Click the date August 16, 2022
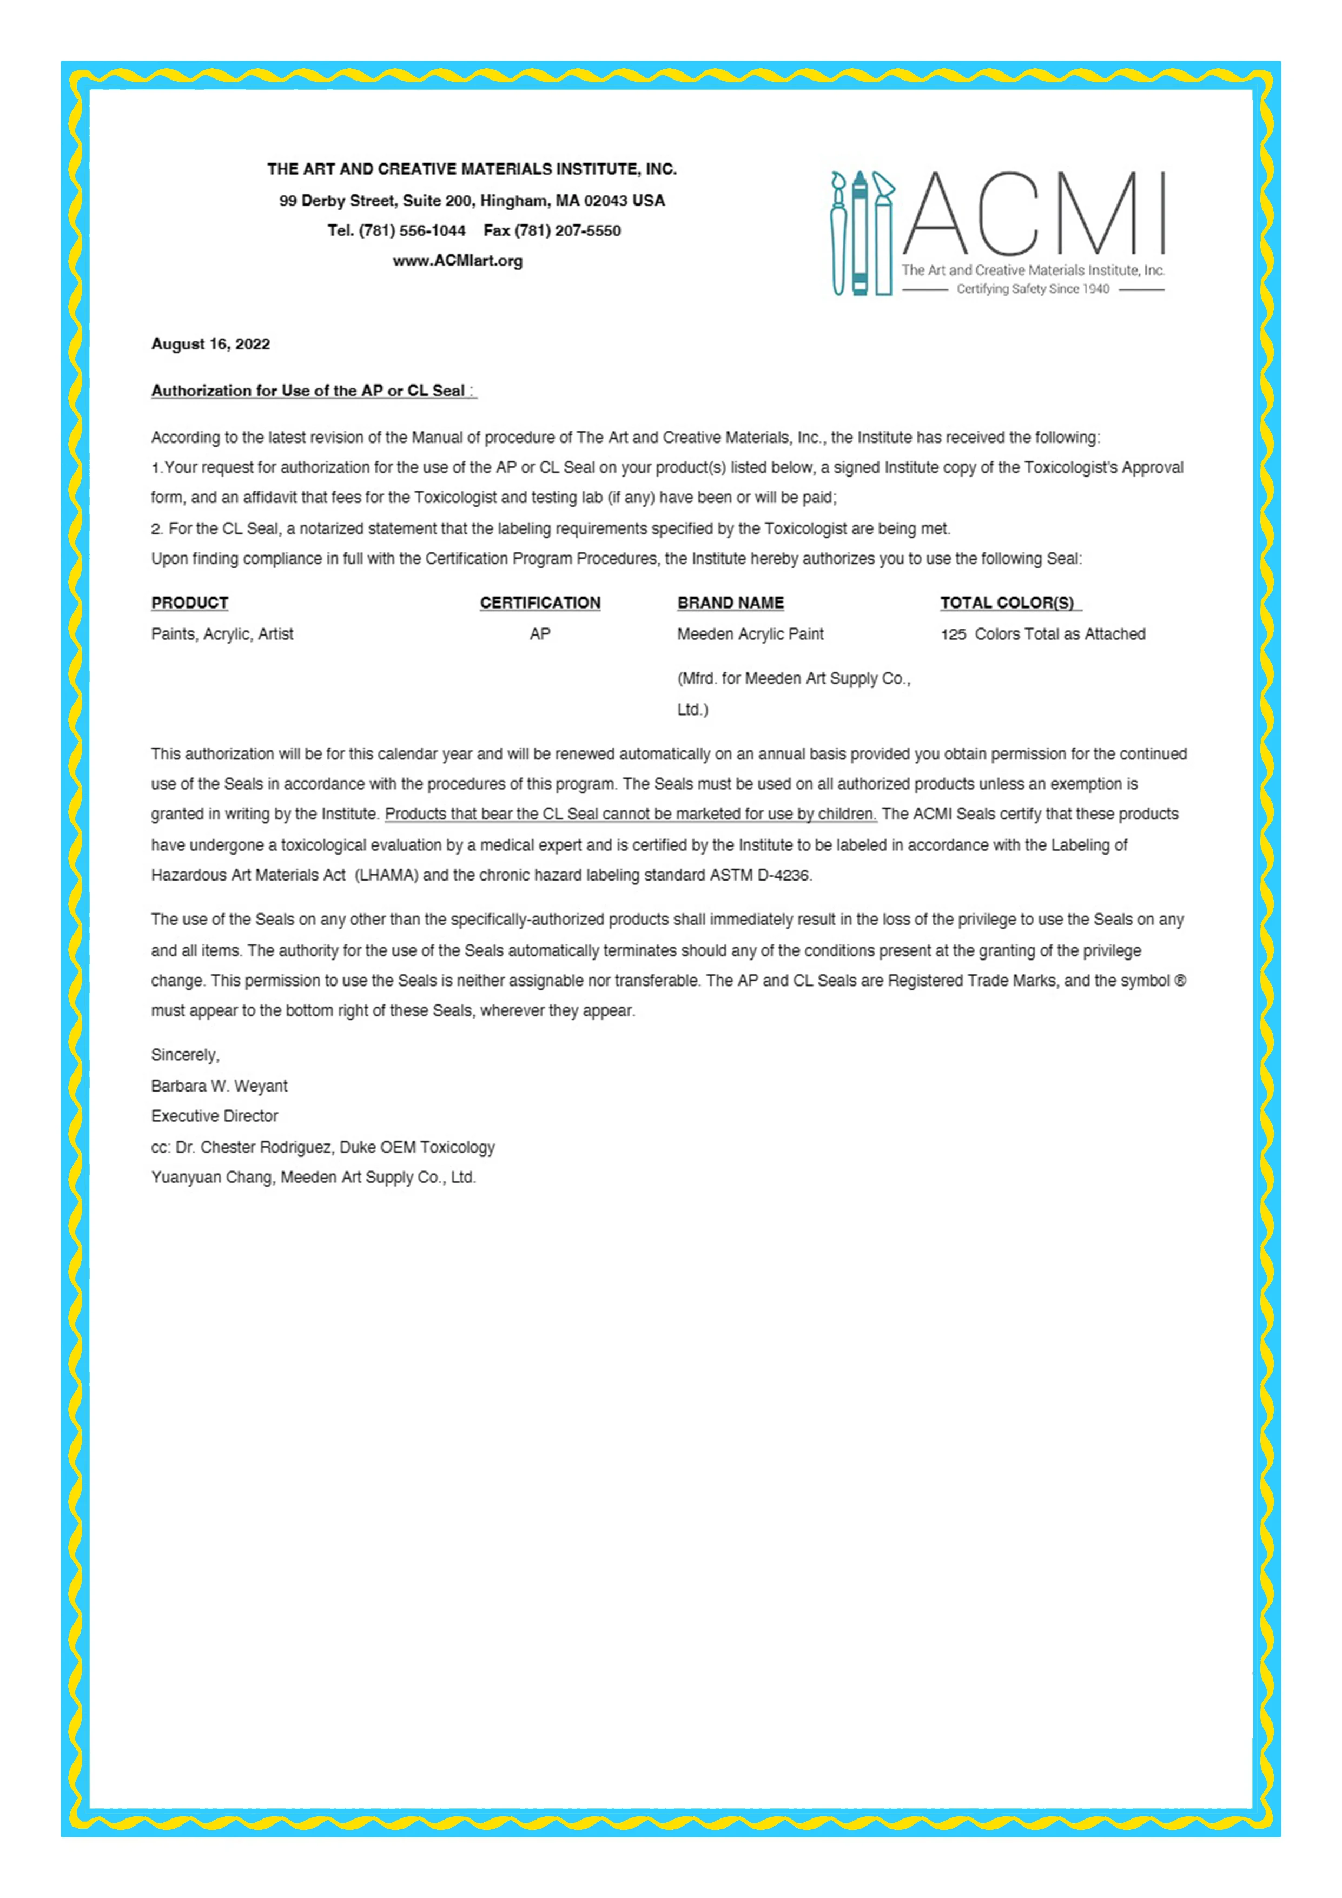(x=210, y=344)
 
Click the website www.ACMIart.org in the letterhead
(x=457, y=261)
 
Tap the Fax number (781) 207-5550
(x=567, y=230)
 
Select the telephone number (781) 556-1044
(x=412, y=230)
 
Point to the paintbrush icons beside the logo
(x=861, y=233)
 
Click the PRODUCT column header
(x=189, y=603)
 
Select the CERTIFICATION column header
(x=540, y=603)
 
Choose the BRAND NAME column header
(x=730, y=603)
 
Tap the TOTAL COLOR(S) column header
(x=1007, y=603)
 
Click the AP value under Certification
(x=540, y=634)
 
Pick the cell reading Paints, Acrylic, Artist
(x=222, y=634)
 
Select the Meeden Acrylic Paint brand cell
(x=750, y=634)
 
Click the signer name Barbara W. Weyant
(x=219, y=1086)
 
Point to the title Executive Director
(x=214, y=1116)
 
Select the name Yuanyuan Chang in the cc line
(x=211, y=1177)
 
